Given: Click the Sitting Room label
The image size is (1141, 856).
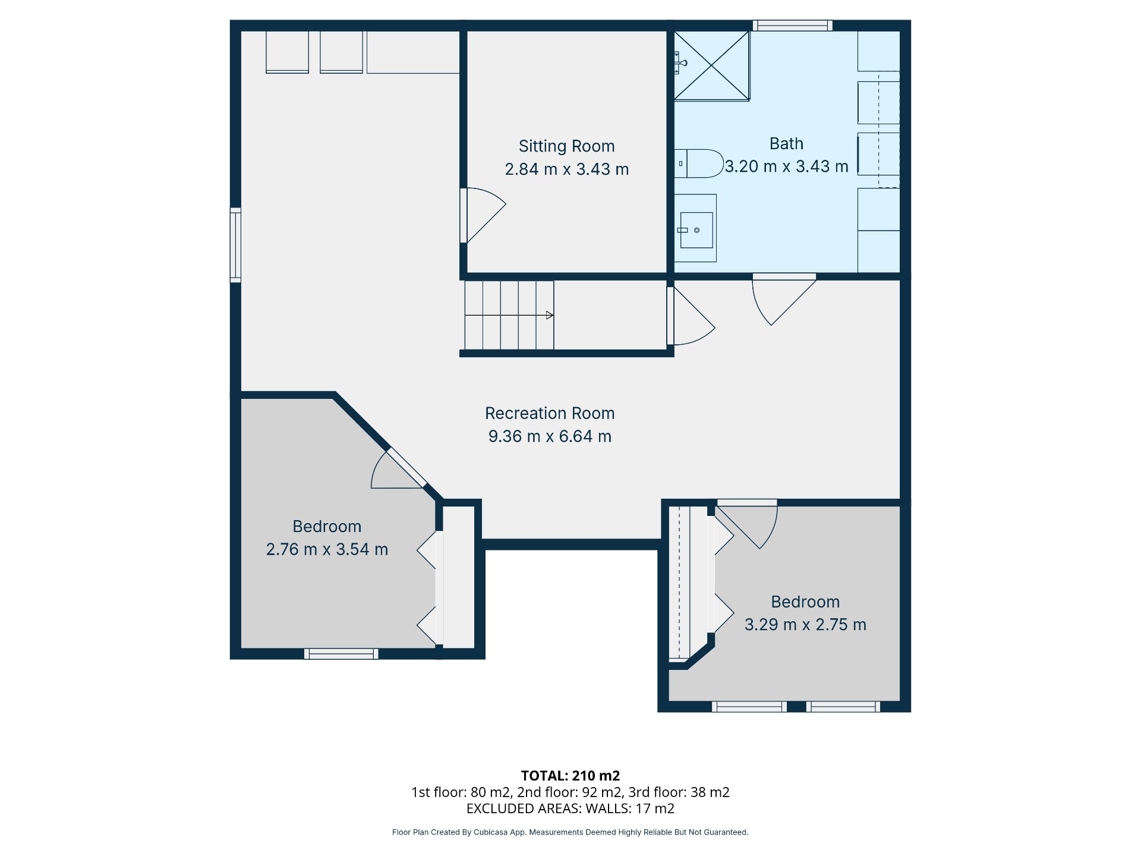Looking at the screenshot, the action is [566, 146].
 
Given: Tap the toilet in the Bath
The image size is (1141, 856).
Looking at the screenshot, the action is [699, 163].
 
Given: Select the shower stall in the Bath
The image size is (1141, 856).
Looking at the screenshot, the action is [711, 66].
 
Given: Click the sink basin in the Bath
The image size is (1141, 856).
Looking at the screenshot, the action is [696, 230].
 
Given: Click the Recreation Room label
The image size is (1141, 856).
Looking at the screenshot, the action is [550, 413].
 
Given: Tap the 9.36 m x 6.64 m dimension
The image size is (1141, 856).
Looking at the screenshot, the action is [550, 436].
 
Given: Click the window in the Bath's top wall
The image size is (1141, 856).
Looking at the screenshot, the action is [792, 26].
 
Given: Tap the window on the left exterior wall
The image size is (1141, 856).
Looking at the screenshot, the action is [236, 245].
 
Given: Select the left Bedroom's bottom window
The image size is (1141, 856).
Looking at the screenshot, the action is [341, 654].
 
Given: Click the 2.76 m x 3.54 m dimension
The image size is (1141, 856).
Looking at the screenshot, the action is [327, 549].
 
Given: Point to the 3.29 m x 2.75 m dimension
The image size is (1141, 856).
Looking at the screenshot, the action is [805, 625].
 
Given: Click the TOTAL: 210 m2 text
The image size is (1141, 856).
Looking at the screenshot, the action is [570, 776].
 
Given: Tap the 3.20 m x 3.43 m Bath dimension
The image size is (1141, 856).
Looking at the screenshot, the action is [786, 166].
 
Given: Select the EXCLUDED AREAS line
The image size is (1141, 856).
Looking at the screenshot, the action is [570, 808].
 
